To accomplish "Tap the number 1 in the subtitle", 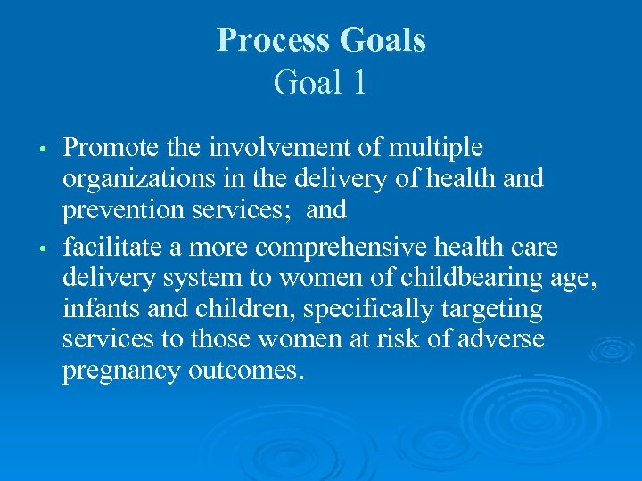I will (358, 83).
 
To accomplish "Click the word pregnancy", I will (121, 371).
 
